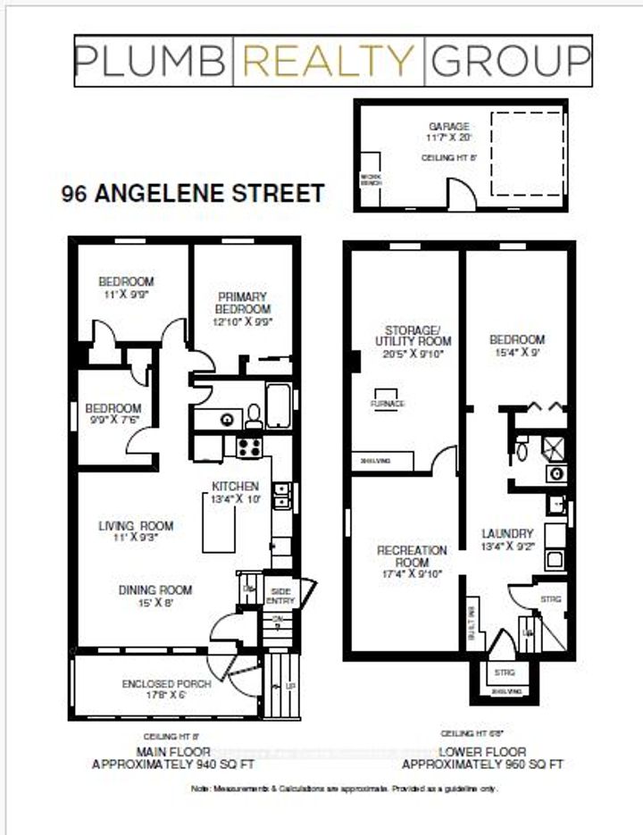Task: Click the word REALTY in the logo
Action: click(330, 60)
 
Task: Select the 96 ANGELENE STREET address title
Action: click(192, 193)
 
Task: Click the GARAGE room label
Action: click(447, 127)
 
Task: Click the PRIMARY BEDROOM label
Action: click(241, 303)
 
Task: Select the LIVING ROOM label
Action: click(136, 525)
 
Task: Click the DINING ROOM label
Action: click(155, 589)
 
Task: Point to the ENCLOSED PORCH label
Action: click(166, 684)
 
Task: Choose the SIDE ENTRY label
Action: click(280, 595)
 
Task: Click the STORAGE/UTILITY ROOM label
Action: click(412, 335)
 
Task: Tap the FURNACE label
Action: click(388, 404)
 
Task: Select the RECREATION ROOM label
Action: click(412, 555)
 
